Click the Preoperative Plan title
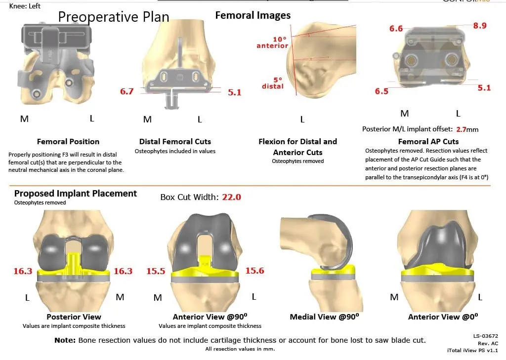(114, 17)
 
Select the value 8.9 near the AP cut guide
(479, 26)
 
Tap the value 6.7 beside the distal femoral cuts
(126, 91)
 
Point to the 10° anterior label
(272, 42)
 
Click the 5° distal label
(273, 82)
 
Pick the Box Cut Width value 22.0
(231, 197)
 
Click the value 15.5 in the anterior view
(156, 271)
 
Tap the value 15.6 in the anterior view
(254, 271)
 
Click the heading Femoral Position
(68, 142)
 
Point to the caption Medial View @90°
(324, 317)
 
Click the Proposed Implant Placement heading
(76, 193)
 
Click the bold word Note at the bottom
(65, 340)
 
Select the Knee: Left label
(25, 6)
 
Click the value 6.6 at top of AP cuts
(396, 29)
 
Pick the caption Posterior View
(74, 317)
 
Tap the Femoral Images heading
(253, 15)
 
